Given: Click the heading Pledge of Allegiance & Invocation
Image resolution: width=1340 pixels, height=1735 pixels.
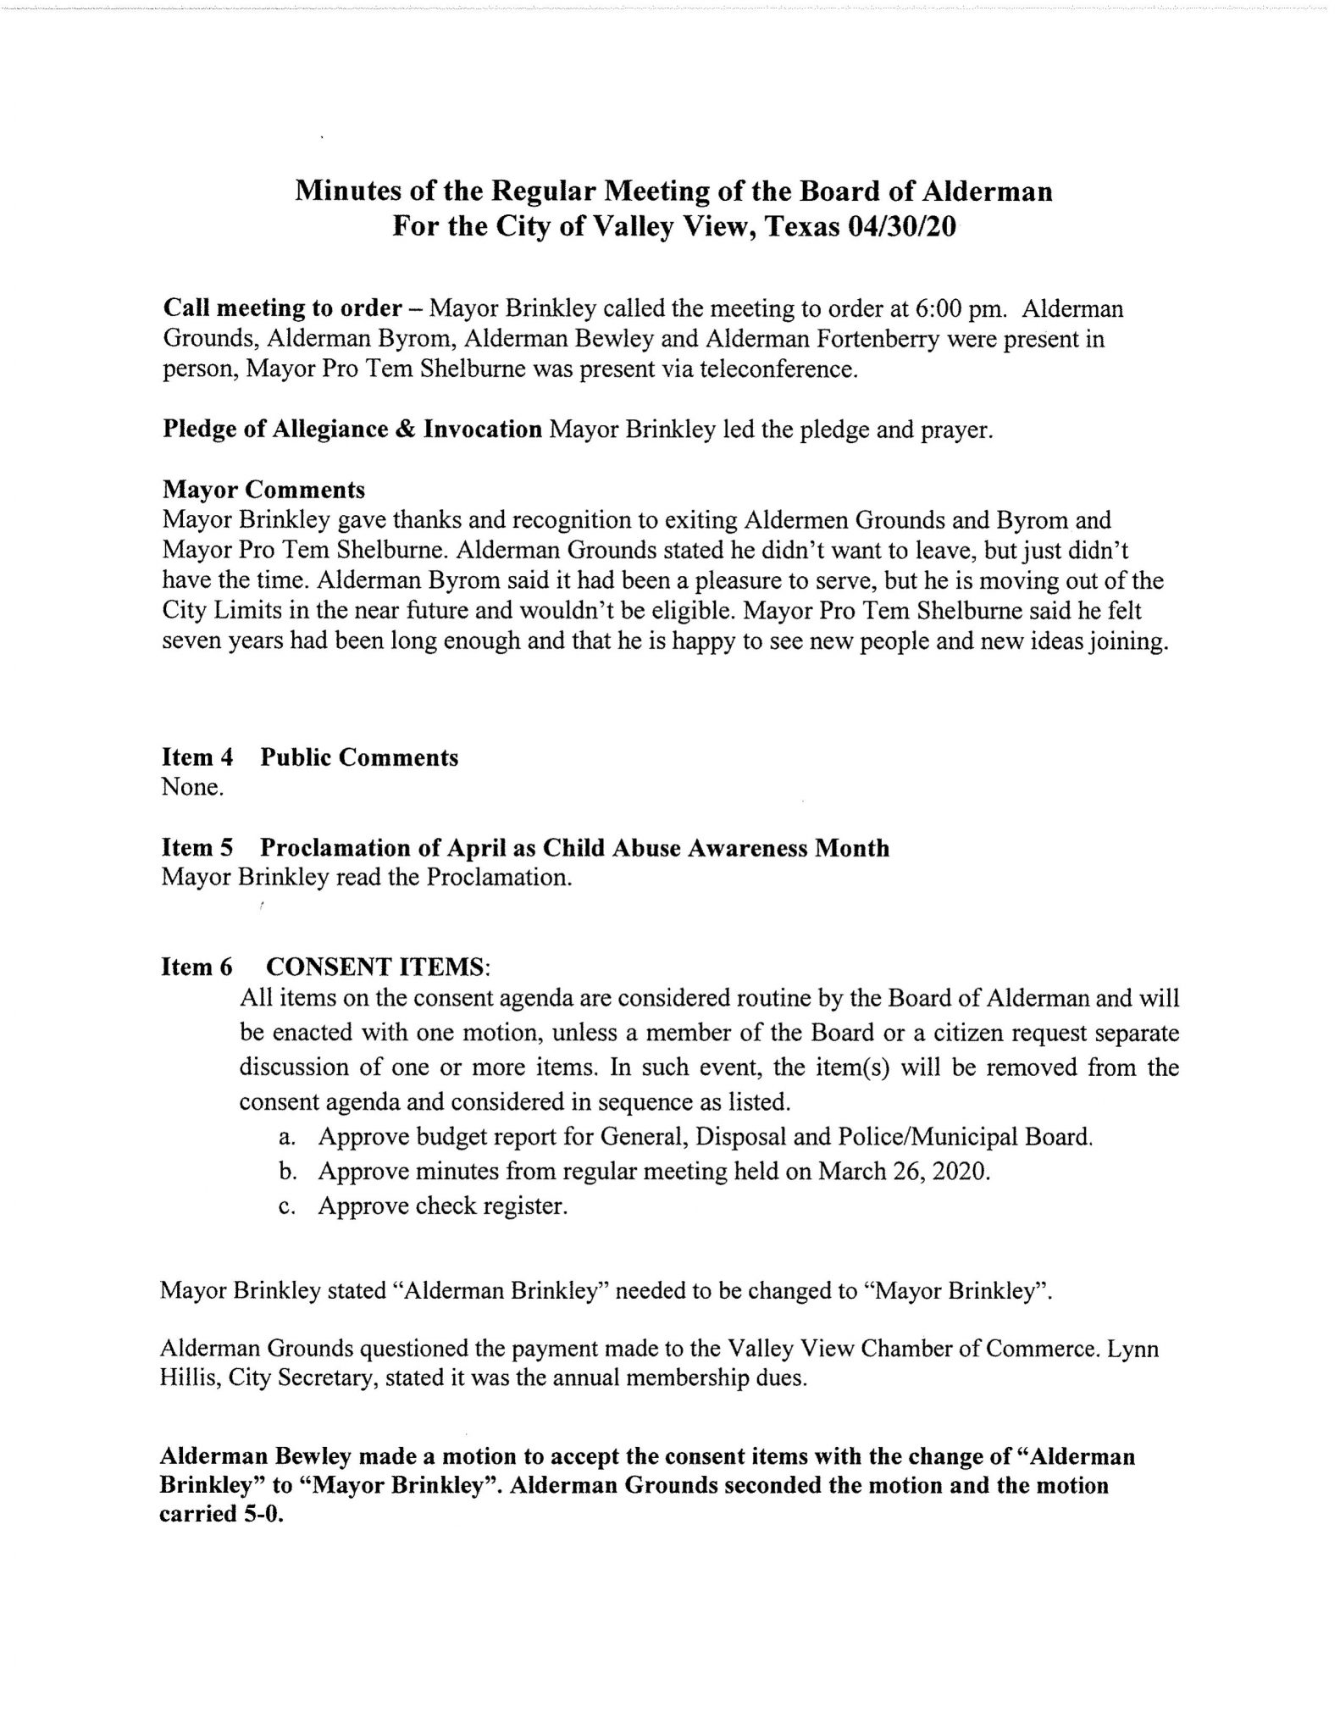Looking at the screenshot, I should pyautogui.click(x=352, y=430).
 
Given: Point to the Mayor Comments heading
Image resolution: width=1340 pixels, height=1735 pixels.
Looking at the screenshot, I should pyautogui.click(x=263, y=490).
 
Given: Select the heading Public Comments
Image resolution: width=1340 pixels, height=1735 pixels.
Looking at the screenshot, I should pyautogui.click(x=359, y=757).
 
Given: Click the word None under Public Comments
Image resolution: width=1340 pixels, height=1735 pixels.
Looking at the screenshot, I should pyautogui.click(x=192, y=787).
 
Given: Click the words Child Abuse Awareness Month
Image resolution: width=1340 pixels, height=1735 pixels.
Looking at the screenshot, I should pyautogui.click(x=716, y=847).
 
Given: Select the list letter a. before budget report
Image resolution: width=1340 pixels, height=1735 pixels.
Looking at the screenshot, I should pyautogui.click(x=286, y=1137).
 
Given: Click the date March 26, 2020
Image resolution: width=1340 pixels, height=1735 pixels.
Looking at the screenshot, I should pyautogui.click(x=904, y=1171).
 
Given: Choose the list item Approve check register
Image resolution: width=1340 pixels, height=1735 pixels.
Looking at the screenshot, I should pyautogui.click(x=442, y=1206).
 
